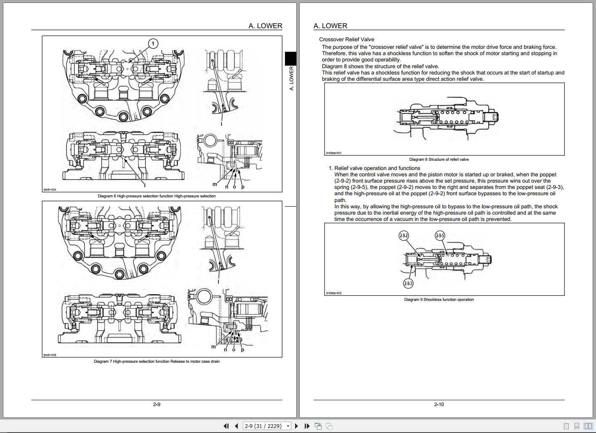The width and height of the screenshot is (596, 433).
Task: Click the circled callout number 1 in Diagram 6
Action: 153,43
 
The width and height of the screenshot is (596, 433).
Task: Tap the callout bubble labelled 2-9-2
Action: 404,236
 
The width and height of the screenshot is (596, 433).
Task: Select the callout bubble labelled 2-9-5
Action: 440,236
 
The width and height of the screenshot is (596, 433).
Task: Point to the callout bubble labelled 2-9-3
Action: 408,283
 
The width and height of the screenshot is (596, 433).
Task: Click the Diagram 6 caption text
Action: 157,196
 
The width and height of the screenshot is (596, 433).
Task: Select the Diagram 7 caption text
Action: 157,361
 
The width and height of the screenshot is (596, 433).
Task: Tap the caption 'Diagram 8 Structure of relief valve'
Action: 439,159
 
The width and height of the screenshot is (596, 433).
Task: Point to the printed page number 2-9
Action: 157,404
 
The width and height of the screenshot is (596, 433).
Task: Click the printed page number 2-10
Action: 439,404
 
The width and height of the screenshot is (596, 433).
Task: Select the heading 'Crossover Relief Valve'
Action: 346,40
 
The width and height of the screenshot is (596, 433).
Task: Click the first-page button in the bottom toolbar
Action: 226,426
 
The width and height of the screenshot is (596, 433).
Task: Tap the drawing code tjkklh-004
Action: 50,189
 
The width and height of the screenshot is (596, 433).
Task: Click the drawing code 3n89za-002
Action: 333,293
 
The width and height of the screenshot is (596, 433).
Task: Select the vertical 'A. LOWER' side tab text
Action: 291,78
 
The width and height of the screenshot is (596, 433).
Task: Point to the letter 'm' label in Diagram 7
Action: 213,347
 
